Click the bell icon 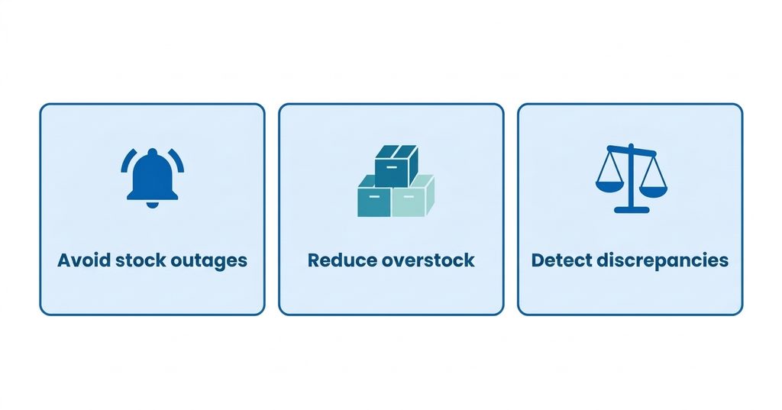152,178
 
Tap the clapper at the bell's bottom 152,205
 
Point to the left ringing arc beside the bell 127,160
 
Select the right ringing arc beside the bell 177,160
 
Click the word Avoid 84,260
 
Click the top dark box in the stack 396,166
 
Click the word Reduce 342,260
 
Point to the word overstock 428,260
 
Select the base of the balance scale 632,210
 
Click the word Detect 561,260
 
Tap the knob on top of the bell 152,152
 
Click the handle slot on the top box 392,167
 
